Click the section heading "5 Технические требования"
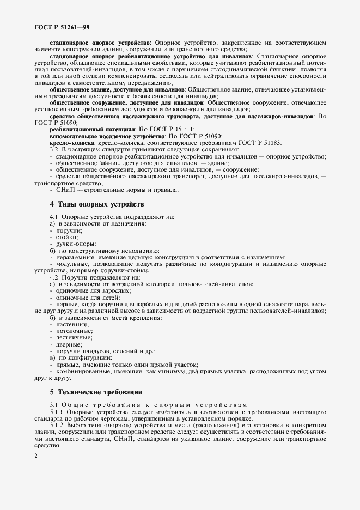(96, 392)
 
